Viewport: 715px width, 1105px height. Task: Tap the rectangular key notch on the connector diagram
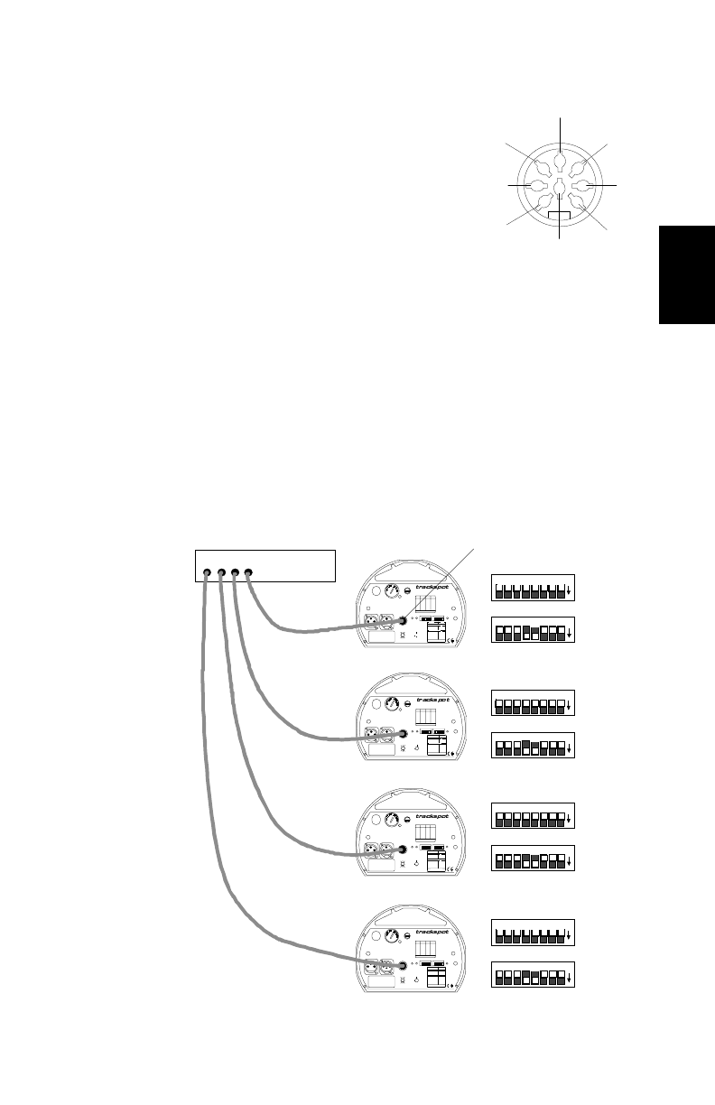pos(561,217)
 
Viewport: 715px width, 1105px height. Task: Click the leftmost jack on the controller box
pos(208,572)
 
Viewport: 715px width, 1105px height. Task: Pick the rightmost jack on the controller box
pos(249,572)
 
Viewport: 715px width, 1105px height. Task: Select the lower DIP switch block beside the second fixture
pos(529,747)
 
